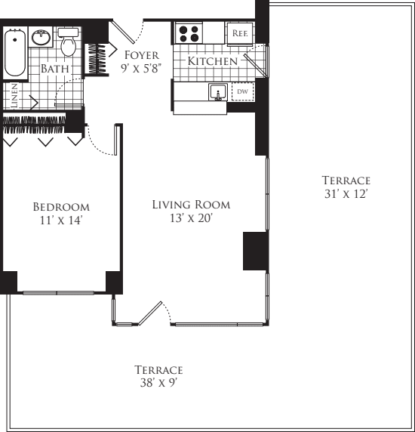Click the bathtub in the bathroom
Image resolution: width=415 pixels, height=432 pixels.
14,53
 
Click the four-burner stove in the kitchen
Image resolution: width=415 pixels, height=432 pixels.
189,33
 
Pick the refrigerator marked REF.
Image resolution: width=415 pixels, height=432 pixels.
240,33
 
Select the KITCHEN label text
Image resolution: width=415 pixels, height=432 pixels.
212,60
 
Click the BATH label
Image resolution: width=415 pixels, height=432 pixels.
54,69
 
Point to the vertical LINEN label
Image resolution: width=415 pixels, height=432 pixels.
14,95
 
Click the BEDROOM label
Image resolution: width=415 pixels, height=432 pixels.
60,207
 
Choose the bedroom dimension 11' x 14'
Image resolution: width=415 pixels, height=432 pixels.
60,221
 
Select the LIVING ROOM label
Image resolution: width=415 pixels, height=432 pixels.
191,205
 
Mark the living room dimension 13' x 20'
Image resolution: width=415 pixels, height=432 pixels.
191,219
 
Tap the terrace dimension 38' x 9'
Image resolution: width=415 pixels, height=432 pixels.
158,384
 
